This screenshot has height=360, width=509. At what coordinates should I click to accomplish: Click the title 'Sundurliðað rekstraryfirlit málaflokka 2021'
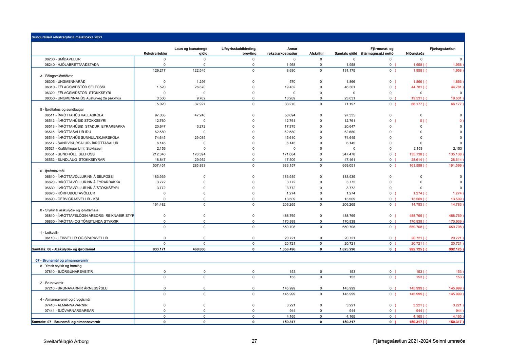click(x=67, y=37)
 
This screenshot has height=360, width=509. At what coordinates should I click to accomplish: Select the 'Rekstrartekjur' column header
click(x=155, y=54)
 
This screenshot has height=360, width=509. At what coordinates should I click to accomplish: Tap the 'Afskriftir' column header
click(x=316, y=54)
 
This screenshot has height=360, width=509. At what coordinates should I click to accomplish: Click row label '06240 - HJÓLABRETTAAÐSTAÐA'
click(x=72, y=65)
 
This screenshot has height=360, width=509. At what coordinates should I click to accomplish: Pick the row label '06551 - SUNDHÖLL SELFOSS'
click(x=70, y=154)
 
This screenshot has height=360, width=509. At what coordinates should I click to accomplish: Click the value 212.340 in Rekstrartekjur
click(x=160, y=154)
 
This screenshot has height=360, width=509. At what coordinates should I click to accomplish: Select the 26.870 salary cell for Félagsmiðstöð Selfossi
click(x=201, y=87)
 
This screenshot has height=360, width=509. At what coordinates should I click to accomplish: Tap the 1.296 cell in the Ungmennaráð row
click(x=201, y=82)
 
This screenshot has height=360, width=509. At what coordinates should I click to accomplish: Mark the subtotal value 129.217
click(x=160, y=71)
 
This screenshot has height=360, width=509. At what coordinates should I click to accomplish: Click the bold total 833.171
click(x=159, y=249)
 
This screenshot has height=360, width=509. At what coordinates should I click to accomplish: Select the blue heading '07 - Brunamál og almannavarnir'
click(x=62, y=261)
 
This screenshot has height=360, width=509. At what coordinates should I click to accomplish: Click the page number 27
click(x=254, y=341)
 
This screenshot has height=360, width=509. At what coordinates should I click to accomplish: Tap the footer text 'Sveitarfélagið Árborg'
click(x=66, y=341)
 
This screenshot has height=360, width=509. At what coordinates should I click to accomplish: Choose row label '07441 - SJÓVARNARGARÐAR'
click(x=69, y=311)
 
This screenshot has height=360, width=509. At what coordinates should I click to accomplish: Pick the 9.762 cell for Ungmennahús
click(x=201, y=98)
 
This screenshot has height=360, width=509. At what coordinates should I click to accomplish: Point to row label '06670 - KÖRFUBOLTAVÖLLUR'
click(x=70, y=193)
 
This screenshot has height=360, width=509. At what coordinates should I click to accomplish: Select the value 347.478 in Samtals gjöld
click(x=350, y=154)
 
